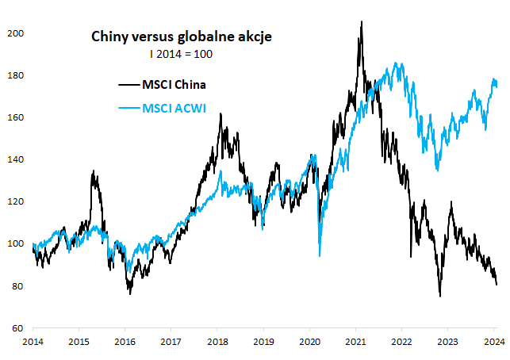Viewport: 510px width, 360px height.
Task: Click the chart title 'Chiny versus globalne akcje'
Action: (x=182, y=36)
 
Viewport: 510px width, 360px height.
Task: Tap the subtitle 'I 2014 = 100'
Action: (x=182, y=54)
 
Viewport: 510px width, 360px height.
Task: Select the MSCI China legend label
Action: (x=174, y=85)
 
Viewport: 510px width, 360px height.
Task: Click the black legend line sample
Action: (x=128, y=85)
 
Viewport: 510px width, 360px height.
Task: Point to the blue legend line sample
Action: (x=128, y=108)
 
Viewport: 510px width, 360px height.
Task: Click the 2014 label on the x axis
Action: (x=33, y=342)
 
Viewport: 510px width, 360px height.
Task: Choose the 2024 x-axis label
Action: (x=493, y=342)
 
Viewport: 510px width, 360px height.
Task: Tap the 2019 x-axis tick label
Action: (x=263, y=342)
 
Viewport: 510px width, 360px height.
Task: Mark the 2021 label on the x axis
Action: (x=355, y=342)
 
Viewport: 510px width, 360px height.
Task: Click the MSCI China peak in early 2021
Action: (x=362, y=22)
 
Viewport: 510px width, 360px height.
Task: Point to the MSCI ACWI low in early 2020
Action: (x=320, y=255)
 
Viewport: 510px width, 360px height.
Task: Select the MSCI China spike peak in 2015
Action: (x=93, y=170)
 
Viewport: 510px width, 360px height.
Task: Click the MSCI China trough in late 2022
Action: (x=439, y=297)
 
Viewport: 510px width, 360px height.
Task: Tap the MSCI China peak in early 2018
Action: (x=220, y=114)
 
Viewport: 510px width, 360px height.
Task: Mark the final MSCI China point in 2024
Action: (x=497, y=284)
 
